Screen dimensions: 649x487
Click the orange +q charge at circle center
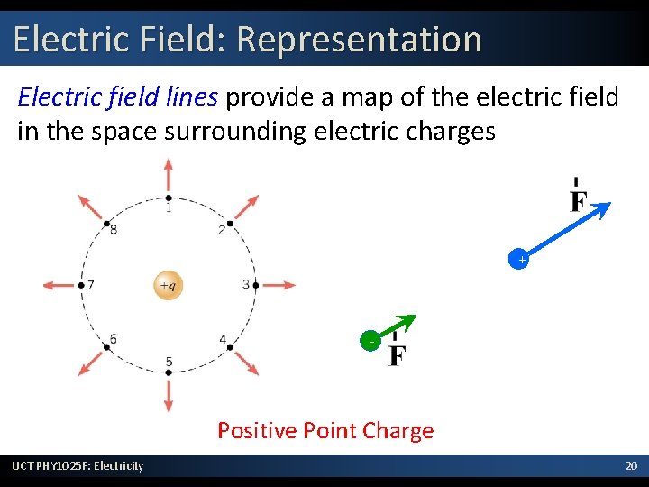click(x=169, y=285)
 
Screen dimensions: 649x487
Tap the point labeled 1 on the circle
click(x=169, y=198)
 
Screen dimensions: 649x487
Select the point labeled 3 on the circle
click(x=255, y=285)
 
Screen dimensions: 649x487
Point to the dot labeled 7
click(x=81, y=285)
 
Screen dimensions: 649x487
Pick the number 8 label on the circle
click(x=114, y=229)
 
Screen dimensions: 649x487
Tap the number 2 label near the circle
click(x=222, y=230)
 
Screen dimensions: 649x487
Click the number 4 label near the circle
click(x=223, y=339)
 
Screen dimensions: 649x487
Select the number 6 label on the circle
click(x=113, y=339)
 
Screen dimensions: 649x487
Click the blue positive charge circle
click(x=519, y=260)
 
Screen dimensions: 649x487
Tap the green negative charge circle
click(x=370, y=341)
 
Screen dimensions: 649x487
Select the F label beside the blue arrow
click(x=578, y=198)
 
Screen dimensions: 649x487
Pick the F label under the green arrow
click(x=396, y=354)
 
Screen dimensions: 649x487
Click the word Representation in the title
click(x=360, y=40)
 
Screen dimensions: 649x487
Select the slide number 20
click(x=630, y=465)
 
